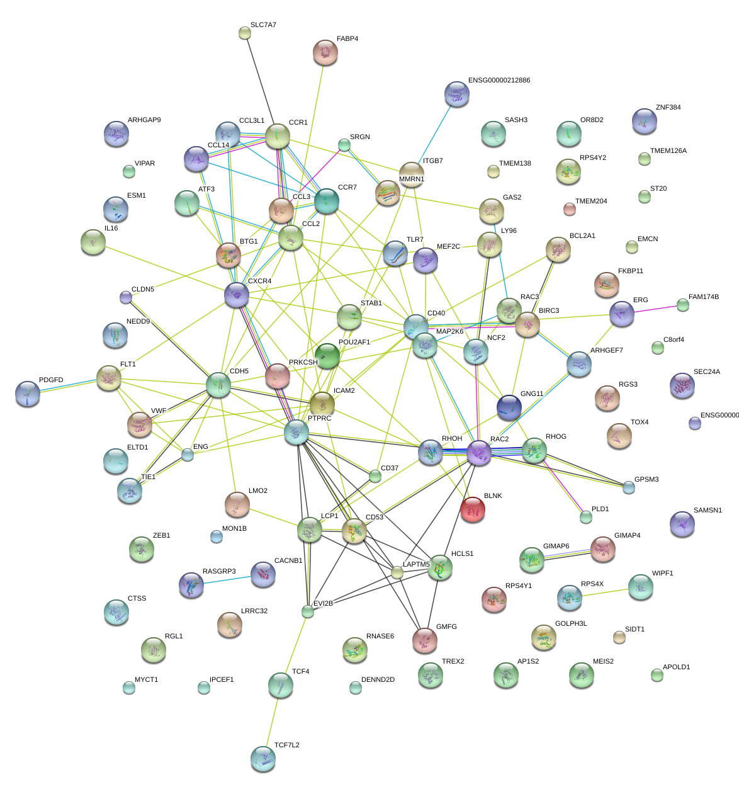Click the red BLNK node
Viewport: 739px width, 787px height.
472,509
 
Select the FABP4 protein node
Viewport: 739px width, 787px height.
325,53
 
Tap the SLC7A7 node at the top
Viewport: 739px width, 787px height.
245,33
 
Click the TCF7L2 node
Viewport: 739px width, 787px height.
262,759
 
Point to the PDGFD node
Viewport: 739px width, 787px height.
27,393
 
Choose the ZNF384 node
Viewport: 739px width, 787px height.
644,121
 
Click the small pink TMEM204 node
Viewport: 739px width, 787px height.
569,208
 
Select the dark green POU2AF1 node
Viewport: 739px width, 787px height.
327,356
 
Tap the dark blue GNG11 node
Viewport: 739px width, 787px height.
509,407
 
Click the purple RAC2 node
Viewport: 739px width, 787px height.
479,452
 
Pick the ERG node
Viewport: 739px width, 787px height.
622,313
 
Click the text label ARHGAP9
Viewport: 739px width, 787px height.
144,120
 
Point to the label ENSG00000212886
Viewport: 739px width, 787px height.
499,81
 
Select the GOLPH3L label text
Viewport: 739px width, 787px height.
571,624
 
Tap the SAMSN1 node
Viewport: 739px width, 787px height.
682,524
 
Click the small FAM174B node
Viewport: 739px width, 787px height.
682,305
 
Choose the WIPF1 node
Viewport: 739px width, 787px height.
640,586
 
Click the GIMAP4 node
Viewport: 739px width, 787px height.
603,549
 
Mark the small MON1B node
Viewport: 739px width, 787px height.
216,536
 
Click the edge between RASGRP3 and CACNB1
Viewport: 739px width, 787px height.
227,580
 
